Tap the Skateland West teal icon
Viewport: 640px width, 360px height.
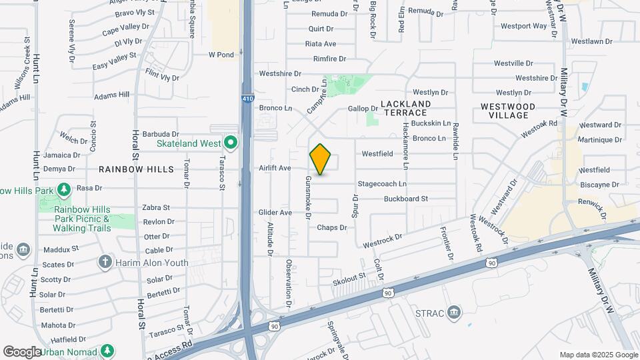(231, 143)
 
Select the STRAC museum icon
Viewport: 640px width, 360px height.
(454, 312)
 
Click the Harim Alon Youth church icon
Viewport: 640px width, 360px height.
(105, 262)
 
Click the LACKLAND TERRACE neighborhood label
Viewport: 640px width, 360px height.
(405, 108)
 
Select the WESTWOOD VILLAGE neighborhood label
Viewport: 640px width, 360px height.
(508, 111)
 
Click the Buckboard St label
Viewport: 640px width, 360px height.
(405, 199)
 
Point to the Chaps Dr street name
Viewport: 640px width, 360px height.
(332, 227)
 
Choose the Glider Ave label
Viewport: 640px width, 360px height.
(275, 213)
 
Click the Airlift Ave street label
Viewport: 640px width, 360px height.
(275, 168)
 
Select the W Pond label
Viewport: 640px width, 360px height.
(221, 55)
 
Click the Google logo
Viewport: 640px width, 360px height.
(22, 351)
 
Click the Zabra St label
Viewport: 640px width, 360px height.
(156, 207)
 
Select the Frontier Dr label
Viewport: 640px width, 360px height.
(447, 243)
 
